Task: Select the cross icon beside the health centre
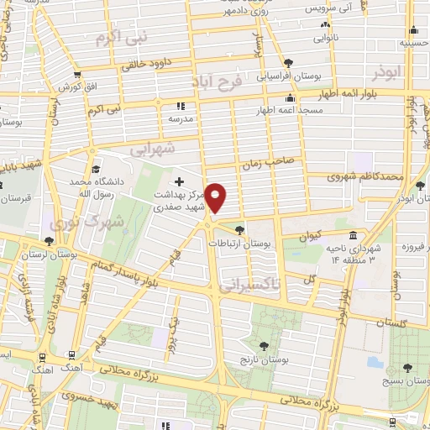[178, 181]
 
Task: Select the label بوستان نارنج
[265, 359]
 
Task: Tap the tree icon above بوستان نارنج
[265, 345]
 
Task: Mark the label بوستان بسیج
[408, 381]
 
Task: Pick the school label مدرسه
[179, 120]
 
